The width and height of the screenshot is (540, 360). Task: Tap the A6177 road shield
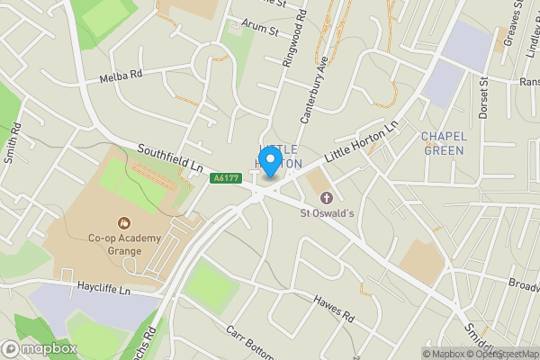pos(225,178)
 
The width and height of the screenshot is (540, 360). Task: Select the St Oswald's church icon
pos(326,197)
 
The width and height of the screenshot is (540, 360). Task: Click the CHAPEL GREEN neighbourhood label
pos(442,143)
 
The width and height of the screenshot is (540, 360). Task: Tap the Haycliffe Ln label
pos(106,291)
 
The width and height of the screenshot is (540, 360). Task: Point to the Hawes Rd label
pos(335,308)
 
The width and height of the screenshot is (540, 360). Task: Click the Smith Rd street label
pos(12,144)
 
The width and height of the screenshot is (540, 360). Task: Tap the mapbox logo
pos(39,348)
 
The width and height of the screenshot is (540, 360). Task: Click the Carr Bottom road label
pos(248,341)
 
